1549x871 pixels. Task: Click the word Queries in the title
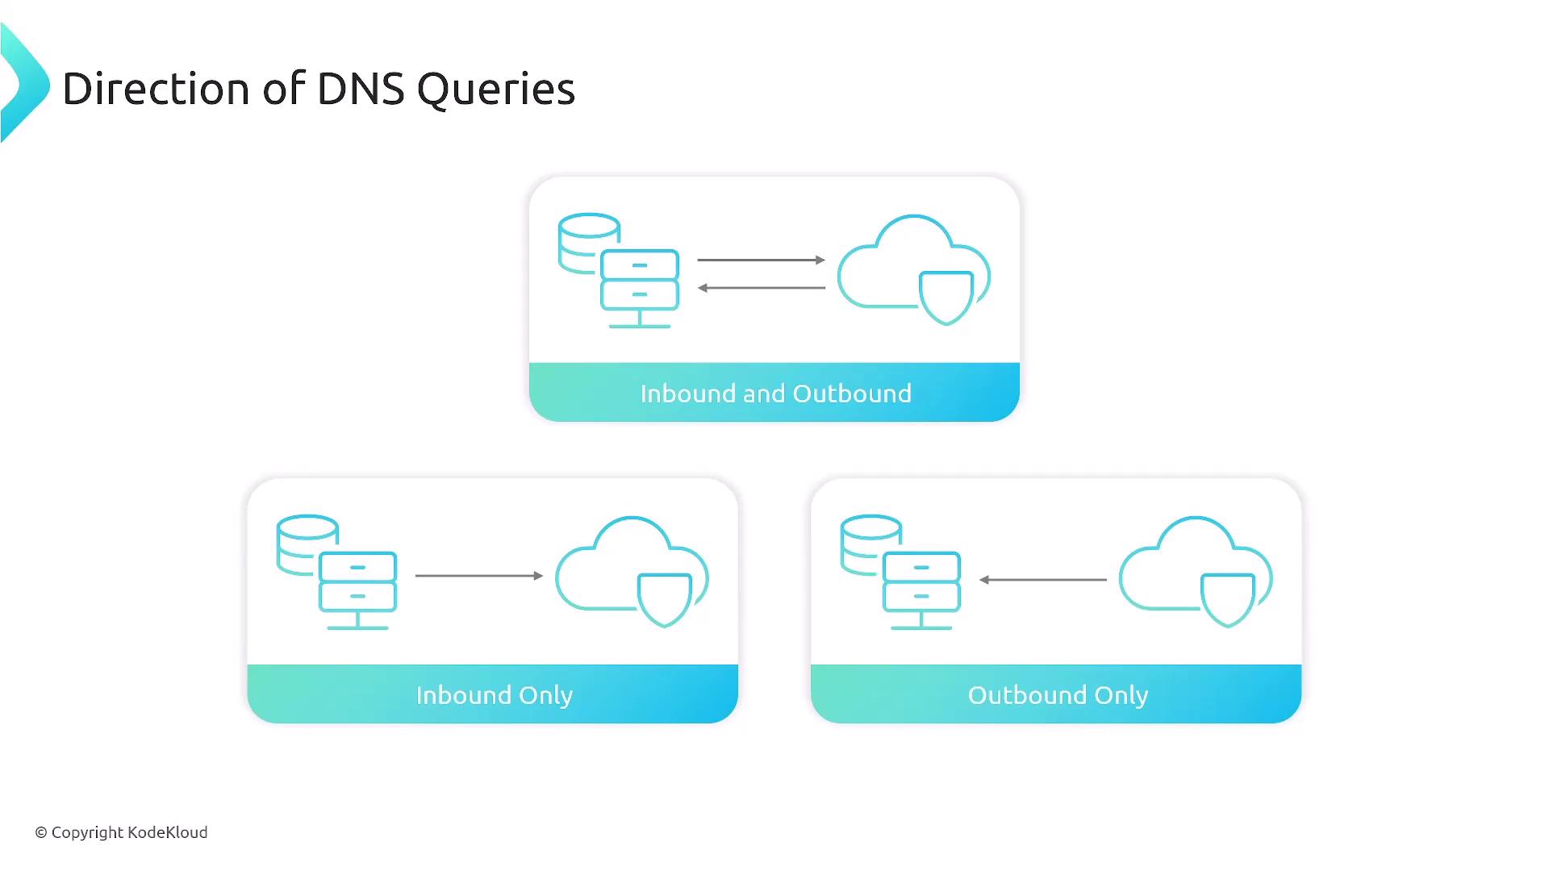pos(495,90)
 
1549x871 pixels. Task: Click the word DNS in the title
pos(361,90)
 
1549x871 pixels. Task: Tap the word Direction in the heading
pos(156,90)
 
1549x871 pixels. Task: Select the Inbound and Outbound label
pos(775,394)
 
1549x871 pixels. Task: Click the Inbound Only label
pos(494,695)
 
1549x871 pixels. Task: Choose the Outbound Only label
pos(1058,695)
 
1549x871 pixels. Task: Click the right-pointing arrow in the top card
pos(761,260)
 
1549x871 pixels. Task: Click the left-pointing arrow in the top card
pos(761,288)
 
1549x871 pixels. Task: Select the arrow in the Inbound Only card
pos(478,576)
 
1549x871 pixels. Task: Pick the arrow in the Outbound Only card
pos(1042,579)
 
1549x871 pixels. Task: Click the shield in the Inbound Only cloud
pos(664,598)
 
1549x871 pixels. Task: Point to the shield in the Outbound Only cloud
pos(1228,598)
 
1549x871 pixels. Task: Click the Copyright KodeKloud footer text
pos(121,832)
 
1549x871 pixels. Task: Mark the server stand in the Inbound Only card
pos(357,622)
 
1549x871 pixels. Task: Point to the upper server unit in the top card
pos(640,265)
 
